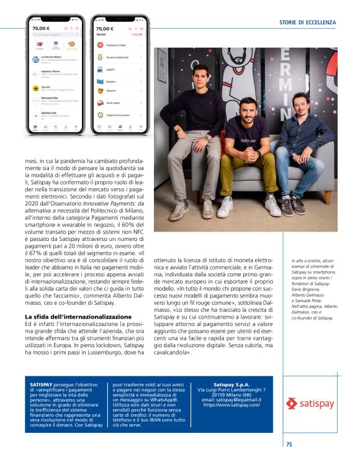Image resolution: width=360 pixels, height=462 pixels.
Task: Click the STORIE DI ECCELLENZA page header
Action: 307,22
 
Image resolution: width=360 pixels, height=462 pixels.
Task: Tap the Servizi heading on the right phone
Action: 102,35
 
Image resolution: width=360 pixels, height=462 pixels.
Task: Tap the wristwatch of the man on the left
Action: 208,137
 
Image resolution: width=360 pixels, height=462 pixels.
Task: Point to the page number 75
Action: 289,444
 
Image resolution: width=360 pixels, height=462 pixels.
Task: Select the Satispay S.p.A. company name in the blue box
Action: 229,386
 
